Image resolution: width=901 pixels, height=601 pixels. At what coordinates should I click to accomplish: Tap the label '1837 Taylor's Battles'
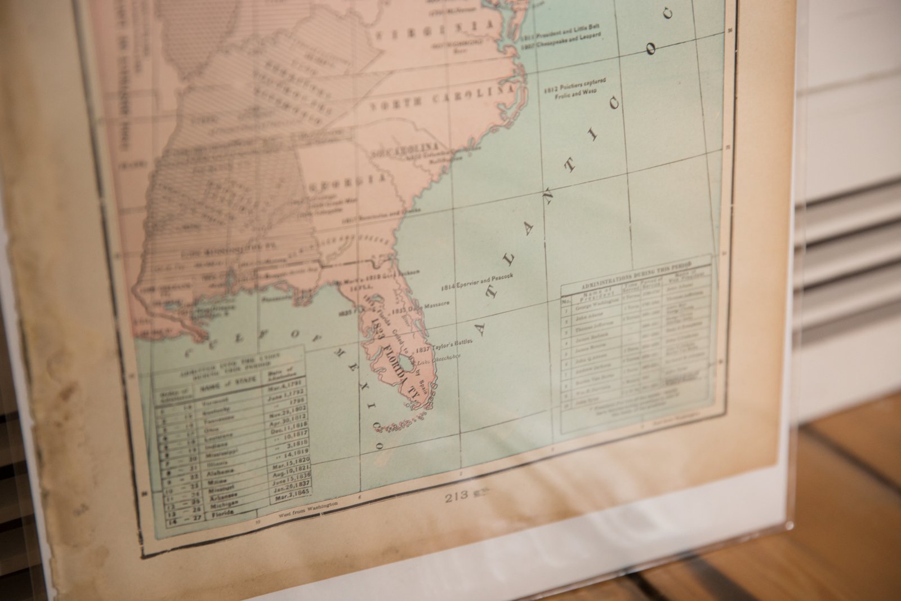(x=450, y=345)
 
